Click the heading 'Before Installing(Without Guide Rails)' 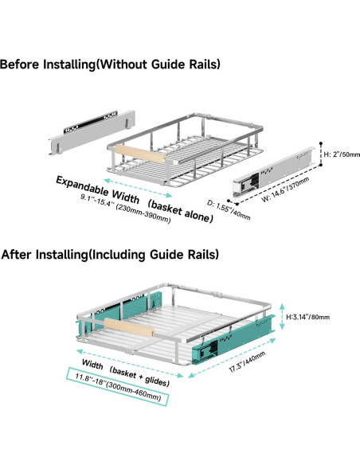click(x=110, y=64)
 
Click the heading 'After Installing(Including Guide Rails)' click(x=110, y=255)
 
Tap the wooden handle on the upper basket click(x=140, y=154)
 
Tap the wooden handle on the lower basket click(x=129, y=327)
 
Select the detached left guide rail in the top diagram click(x=92, y=132)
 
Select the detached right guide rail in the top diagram click(x=273, y=172)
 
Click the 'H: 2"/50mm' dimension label click(x=342, y=154)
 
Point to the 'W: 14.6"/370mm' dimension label click(x=285, y=190)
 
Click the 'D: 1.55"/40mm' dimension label click(x=229, y=210)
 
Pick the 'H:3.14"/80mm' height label click(x=307, y=317)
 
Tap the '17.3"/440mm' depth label click(x=247, y=361)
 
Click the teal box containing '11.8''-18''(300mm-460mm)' click(x=118, y=386)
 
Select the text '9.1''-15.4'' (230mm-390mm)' click(x=126, y=209)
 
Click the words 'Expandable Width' click(x=97, y=190)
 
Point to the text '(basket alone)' click(x=180, y=211)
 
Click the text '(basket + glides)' click(x=139, y=377)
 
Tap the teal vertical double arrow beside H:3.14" click(x=282, y=316)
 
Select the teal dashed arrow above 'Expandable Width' click(x=138, y=188)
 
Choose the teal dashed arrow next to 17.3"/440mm click(x=233, y=358)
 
